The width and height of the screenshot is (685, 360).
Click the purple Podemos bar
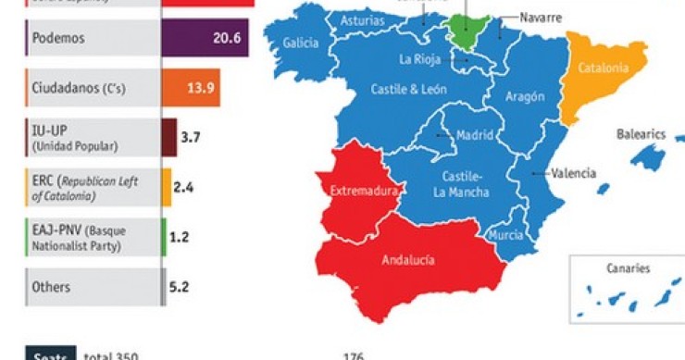[205, 38]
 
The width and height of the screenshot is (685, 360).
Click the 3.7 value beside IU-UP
[191, 136]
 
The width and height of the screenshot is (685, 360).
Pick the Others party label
[52, 287]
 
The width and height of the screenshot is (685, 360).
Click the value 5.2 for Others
[180, 287]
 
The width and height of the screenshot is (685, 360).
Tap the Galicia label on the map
[301, 43]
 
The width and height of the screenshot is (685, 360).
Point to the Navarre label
[542, 18]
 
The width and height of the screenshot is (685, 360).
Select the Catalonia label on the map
[603, 68]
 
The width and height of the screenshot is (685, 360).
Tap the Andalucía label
[408, 260]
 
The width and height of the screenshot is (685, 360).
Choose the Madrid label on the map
[476, 135]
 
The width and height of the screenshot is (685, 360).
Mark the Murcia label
[505, 235]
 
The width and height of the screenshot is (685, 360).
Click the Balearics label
[641, 134]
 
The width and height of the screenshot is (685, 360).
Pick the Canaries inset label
[629, 268]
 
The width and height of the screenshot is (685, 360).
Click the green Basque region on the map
[468, 31]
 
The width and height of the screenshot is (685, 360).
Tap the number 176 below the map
[353, 355]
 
